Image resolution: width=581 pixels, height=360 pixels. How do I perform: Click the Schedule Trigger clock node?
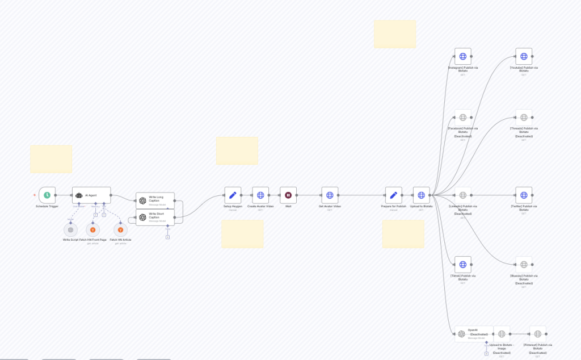click(47, 195)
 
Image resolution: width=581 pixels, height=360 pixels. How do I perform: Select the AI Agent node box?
click(91, 195)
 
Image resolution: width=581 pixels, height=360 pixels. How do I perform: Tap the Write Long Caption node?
click(155, 200)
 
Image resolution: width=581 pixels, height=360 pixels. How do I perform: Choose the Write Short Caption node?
click(155, 217)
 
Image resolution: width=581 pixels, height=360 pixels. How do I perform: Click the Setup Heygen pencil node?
click(233, 195)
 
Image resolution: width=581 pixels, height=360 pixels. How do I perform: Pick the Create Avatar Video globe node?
click(260, 195)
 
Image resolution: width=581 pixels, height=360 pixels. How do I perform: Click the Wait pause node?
click(288, 195)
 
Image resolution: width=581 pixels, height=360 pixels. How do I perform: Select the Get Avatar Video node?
click(330, 195)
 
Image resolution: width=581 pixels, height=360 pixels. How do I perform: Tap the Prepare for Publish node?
click(394, 195)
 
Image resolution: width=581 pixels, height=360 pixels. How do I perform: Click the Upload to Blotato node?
click(421, 195)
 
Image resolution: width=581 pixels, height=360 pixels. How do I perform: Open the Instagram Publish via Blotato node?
click(462, 56)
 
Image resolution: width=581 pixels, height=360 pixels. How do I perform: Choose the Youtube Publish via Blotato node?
click(524, 56)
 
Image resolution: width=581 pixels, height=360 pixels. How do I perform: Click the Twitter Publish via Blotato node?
click(524, 195)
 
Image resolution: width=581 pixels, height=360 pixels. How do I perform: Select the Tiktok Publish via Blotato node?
click(462, 265)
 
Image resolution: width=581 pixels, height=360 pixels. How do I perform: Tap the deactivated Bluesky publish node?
click(524, 265)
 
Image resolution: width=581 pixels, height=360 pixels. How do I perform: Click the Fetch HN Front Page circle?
click(93, 229)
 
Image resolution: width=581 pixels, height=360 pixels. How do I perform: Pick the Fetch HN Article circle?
click(120, 229)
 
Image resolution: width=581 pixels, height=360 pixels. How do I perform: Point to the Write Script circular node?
click(71, 229)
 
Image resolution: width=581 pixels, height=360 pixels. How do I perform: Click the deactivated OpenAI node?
click(473, 334)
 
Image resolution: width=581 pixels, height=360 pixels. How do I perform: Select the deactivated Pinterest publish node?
click(537, 334)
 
